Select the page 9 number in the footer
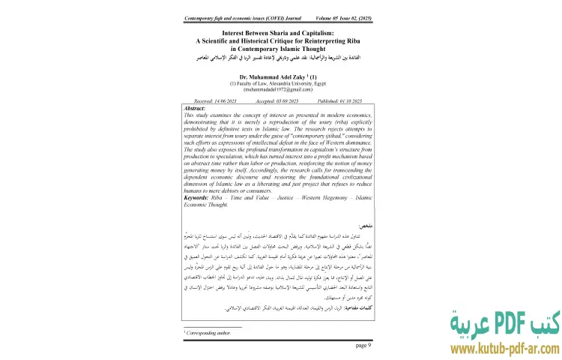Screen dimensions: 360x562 pos(363,345)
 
